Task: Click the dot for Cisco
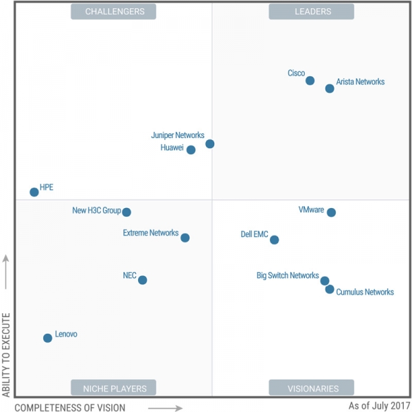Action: [x=310, y=80]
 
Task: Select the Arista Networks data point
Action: [x=330, y=89]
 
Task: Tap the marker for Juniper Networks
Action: [x=210, y=144]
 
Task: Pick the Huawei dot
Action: [x=191, y=150]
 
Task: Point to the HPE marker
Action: [x=34, y=192]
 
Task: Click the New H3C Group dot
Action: [x=126, y=212]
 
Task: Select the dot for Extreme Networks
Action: [x=185, y=238]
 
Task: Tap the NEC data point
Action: [x=142, y=279]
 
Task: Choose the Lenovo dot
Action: [x=47, y=338]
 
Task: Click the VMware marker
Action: [x=331, y=212]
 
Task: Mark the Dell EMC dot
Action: [x=275, y=240]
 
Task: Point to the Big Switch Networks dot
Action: [x=325, y=280]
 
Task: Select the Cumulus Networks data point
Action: [x=330, y=289]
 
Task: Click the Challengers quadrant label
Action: [x=113, y=12]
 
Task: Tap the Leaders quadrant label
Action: [x=312, y=12]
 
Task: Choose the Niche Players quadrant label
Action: [x=114, y=388]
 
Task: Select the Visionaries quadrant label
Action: [x=312, y=388]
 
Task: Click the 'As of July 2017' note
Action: [x=379, y=406]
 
